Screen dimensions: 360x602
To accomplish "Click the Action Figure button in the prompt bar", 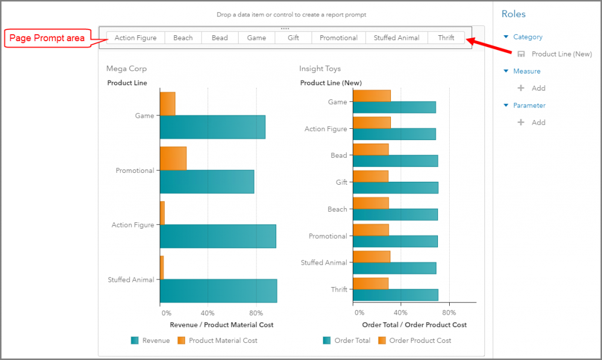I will click(135, 38).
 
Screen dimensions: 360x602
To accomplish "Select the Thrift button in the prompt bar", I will click(446, 38).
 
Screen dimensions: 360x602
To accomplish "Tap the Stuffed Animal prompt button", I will click(396, 38).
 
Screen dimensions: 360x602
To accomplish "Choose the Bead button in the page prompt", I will click(220, 38).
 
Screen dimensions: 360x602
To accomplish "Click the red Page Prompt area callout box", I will click(48, 39).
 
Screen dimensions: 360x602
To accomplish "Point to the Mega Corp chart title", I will click(126, 69).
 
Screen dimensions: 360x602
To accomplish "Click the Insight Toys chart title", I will click(320, 69).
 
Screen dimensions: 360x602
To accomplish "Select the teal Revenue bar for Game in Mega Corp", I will click(212, 127).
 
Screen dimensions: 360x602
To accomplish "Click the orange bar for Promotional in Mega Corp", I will click(173, 158).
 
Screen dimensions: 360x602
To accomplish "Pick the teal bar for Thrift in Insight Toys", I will click(396, 295).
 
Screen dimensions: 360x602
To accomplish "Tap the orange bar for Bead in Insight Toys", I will click(370, 149).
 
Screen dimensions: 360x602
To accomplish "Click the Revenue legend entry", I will click(150, 341).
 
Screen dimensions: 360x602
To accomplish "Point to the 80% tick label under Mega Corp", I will click(256, 313).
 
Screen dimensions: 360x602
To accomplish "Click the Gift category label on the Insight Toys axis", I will click(342, 182).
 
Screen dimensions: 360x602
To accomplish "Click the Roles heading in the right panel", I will click(513, 14).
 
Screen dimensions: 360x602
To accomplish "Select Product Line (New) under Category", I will click(561, 54).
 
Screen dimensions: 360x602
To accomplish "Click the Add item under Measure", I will click(538, 88).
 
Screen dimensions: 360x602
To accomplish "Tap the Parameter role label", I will click(529, 106).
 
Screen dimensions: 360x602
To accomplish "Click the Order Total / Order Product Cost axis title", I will click(414, 325).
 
